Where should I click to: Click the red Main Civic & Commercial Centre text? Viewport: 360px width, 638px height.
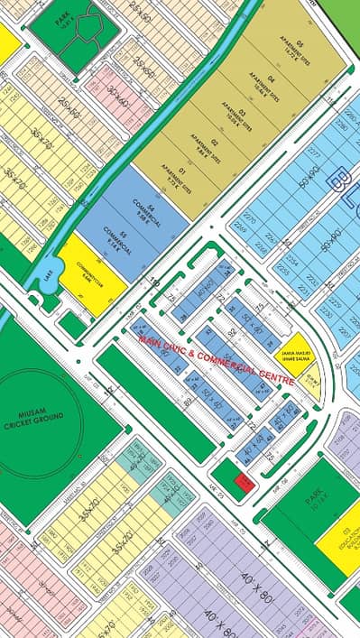[217, 359]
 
